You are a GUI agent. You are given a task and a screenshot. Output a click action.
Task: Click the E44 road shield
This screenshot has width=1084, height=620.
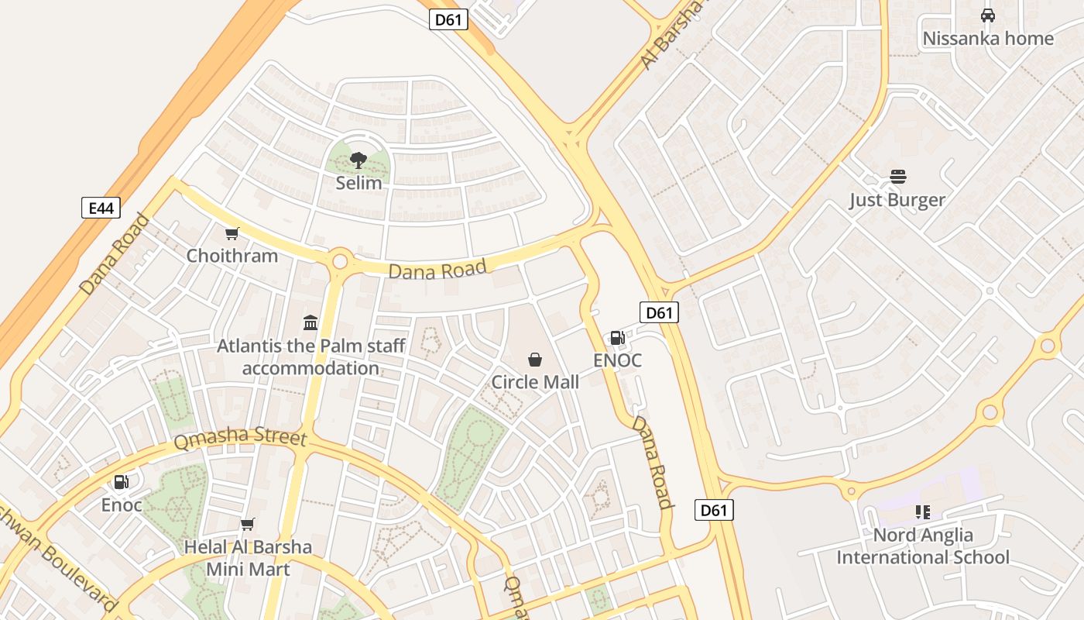click(101, 208)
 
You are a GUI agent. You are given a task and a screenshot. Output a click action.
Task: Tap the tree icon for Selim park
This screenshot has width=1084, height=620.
click(358, 160)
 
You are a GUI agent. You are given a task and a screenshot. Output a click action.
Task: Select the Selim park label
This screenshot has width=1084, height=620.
click(358, 184)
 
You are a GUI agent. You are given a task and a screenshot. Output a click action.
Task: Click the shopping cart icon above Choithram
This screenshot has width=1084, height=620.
click(232, 233)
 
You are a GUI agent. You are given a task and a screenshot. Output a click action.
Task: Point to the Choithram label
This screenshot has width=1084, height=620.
click(232, 256)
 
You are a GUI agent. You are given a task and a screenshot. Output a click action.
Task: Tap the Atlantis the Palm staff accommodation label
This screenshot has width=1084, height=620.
click(310, 356)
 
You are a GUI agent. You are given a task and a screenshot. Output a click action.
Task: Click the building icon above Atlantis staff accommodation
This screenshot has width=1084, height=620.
click(310, 322)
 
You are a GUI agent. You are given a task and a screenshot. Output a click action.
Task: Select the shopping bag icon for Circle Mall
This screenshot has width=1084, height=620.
click(534, 360)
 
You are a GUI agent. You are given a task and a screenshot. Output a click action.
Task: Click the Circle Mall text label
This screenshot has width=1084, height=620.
click(535, 382)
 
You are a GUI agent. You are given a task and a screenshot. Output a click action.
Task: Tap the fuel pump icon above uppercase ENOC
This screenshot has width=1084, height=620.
click(617, 338)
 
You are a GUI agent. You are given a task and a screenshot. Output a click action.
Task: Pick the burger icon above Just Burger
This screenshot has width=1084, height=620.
click(897, 177)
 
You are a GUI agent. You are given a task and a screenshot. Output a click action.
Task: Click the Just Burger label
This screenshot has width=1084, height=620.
click(897, 200)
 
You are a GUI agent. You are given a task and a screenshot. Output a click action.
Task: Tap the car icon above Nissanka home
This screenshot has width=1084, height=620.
click(987, 15)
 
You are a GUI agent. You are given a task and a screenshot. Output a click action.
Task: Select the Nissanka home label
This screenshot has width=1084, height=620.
click(988, 38)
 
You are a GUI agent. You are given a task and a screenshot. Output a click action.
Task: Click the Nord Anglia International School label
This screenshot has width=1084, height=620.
click(923, 546)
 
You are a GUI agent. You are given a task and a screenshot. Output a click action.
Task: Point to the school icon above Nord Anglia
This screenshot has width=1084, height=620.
click(922, 511)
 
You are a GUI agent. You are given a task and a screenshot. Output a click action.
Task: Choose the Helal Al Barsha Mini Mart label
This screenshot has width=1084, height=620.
click(248, 558)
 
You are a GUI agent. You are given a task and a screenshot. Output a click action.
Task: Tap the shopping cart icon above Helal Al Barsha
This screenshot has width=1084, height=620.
click(247, 525)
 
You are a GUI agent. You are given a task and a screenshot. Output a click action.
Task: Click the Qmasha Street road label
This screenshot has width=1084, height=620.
click(240, 438)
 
